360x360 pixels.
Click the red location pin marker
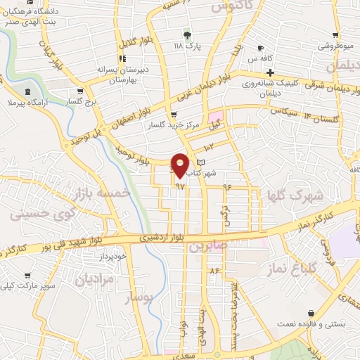tap(181, 165)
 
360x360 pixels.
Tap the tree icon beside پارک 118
tap(186, 35)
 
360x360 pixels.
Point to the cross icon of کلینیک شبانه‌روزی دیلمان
tap(270, 72)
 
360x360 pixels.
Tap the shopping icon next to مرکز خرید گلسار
tap(173, 115)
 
